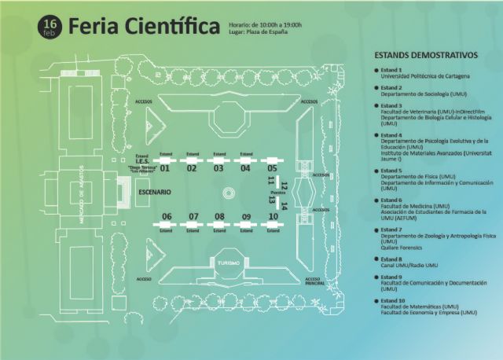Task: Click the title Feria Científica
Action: click(144, 27)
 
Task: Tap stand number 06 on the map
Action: click(167, 216)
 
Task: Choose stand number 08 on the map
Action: click(219, 216)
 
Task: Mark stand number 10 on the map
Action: click(273, 216)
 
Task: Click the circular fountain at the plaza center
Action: click(228, 192)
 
